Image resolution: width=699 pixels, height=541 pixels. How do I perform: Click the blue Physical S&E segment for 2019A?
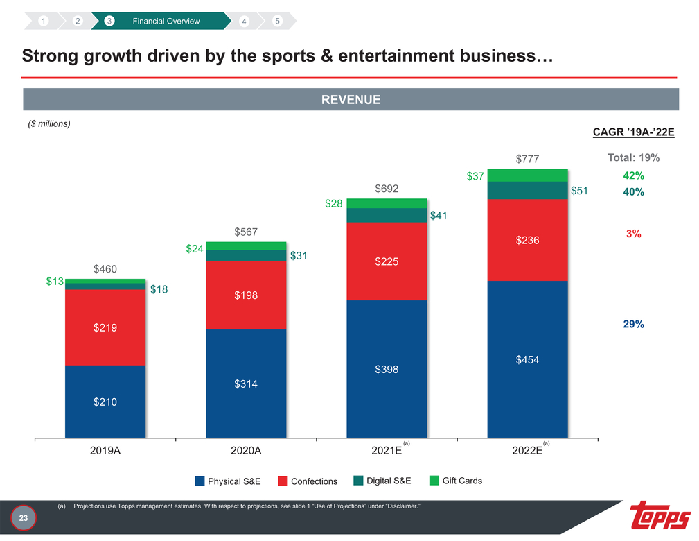(105, 401)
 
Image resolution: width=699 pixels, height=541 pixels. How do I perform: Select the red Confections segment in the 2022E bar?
(527, 240)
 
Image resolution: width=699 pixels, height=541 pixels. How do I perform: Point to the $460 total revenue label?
(105, 268)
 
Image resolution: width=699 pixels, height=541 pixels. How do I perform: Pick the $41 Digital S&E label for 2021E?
(439, 216)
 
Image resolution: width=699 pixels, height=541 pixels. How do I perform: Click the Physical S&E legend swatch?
(200, 481)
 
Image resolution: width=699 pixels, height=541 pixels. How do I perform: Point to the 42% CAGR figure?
(633, 175)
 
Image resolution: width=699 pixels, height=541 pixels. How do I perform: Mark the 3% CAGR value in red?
(633, 234)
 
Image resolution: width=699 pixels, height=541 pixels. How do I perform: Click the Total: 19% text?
(633, 157)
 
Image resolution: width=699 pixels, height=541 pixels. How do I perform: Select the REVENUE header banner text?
(351, 100)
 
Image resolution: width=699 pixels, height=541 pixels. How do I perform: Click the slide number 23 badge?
(23, 517)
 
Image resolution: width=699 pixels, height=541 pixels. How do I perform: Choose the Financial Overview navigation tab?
(166, 21)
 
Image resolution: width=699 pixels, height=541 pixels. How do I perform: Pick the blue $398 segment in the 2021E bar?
(387, 369)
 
